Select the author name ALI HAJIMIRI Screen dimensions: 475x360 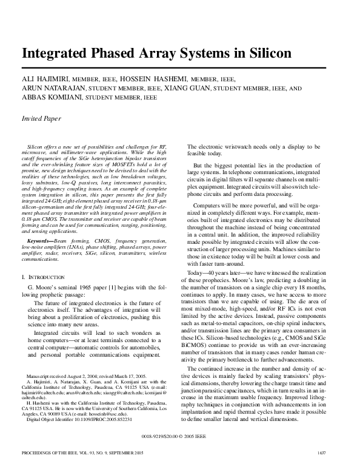46,79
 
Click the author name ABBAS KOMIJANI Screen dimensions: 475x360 51,97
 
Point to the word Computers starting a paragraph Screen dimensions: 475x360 208,206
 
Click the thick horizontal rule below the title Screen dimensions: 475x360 179,66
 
